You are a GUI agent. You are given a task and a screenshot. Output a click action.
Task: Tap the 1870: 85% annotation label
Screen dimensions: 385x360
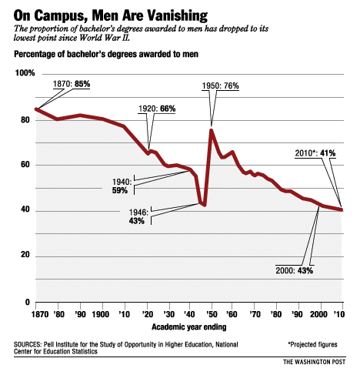pyautogui.click(x=73, y=83)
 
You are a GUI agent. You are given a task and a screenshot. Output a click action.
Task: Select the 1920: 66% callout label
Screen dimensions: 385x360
pyautogui.click(x=157, y=109)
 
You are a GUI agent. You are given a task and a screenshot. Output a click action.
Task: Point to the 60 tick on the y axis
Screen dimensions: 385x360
pyautogui.click(x=25, y=166)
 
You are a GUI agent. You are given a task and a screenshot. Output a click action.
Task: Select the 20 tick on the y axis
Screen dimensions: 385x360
pyautogui.click(x=25, y=256)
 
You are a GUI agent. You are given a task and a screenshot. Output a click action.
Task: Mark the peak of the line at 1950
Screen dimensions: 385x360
pyautogui.click(x=211, y=130)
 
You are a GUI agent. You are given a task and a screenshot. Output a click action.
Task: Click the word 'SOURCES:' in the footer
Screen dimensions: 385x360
pyautogui.click(x=30, y=343)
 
